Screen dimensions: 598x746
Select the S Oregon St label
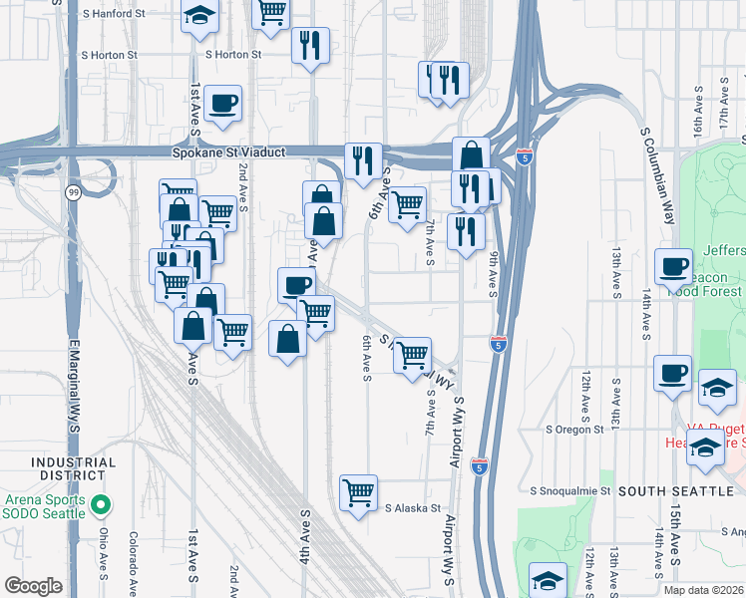pyautogui.click(x=574, y=430)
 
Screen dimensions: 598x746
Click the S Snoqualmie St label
pyautogui.click(x=569, y=491)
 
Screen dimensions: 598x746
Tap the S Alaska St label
pyautogui.click(x=413, y=507)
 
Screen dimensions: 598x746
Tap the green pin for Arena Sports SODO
pyautogui.click(x=99, y=505)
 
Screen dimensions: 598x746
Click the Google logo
pyautogui.click(x=33, y=586)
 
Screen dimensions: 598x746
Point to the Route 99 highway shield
pyautogui.click(x=73, y=193)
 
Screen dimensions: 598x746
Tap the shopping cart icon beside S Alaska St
pyautogui.click(x=357, y=491)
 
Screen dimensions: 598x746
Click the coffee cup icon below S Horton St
pyautogui.click(x=221, y=102)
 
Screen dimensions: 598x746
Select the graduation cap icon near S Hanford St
pyautogui.click(x=200, y=15)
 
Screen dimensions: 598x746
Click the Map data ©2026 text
pyautogui.click(x=703, y=590)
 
